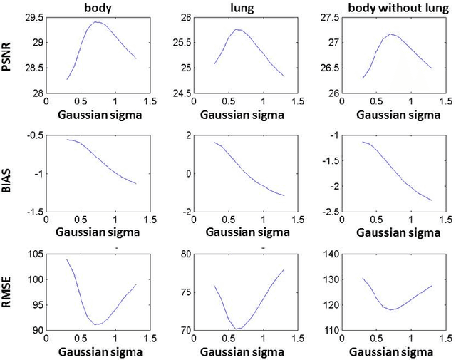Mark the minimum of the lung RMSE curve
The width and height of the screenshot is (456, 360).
(x=237, y=329)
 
